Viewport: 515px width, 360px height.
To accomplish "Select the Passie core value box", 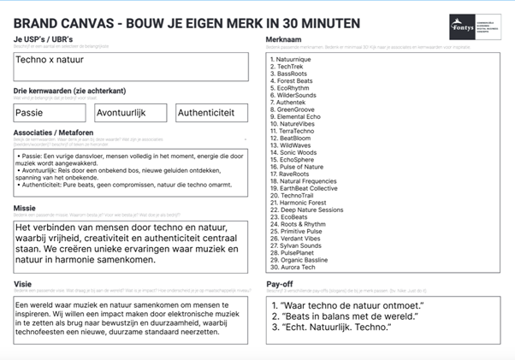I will [x=47, y=112].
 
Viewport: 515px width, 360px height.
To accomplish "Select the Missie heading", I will [x=26, y=207].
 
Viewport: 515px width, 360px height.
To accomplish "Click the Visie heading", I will [x=23, y=284].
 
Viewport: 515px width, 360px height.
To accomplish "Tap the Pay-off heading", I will [x=281, y=284].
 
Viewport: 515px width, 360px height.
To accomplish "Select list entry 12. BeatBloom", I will [x=290, y=138].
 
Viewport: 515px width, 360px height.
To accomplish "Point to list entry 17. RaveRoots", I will [x=290, y=174].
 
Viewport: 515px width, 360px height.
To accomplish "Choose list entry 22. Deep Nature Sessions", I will [x=305, y=210].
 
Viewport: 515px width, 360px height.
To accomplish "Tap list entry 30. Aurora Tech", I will [x=293, y=268].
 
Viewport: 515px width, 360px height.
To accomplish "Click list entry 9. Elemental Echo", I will [x=296, y=116].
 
